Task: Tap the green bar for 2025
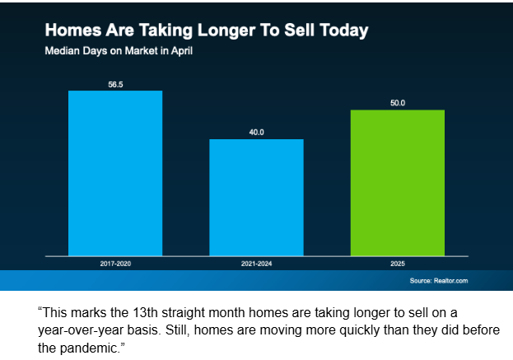click(397, 181)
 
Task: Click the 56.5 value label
click(115, 83)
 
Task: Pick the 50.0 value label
click(397, 103)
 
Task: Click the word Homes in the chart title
click(71, 32)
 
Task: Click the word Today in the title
click(340, 32)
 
